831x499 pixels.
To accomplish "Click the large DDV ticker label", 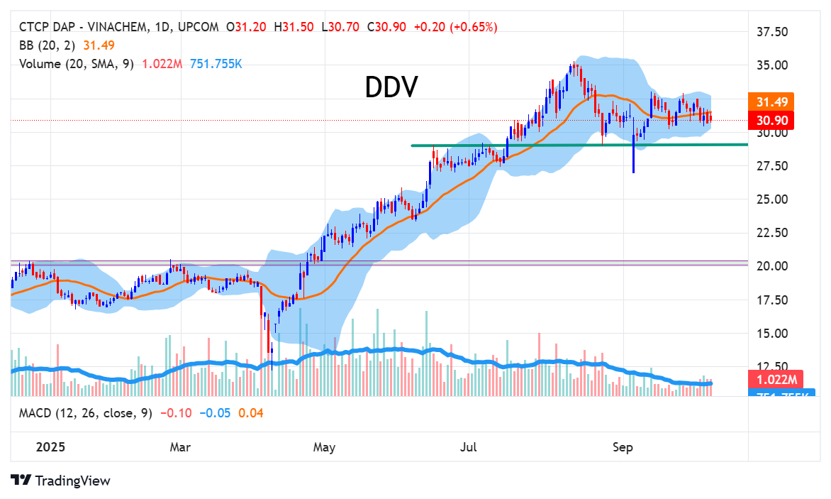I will [x=391, y=87].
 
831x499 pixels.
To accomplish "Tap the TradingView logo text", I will [x=72, y=481].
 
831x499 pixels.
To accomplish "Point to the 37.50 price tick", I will [x=772, y=32].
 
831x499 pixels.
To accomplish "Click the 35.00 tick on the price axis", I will [x=772, y=65].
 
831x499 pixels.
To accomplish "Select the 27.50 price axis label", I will [x=772, y=166].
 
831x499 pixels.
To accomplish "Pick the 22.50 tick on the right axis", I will [x=772, y=233].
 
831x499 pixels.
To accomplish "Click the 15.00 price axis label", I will [x=772, y=334].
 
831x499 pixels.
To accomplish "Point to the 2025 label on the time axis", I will [x=31, y=448].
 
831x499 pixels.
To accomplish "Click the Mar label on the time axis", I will [x=180, y=448].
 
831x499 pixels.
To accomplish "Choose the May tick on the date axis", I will [x=324, y=448].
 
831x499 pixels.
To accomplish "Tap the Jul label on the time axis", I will [x=468, y=448].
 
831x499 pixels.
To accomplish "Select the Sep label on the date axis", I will [x=622, y=448].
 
